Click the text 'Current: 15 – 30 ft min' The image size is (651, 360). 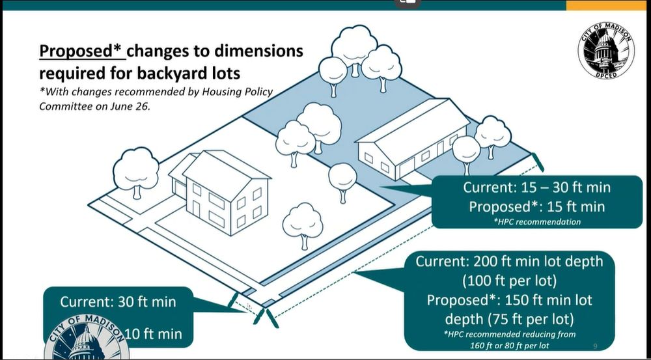coord(537,187)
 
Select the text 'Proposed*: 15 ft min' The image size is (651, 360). coord(537,207)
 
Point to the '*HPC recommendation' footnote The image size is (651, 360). coord(537,222)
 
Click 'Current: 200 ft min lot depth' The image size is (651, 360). coord(509,262)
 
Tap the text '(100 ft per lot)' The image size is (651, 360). coord(509,282)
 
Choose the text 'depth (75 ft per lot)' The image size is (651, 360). coord(509,320)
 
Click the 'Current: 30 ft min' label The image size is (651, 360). coord(118,302)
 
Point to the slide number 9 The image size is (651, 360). coord(595,344)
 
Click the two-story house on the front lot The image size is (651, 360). coord(221,189)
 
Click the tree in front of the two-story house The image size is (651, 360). coord(303,223)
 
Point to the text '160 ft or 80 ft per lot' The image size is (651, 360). coord(509,344)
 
